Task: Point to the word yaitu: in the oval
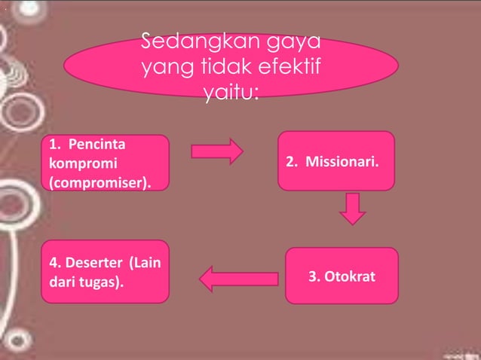click(231, 96)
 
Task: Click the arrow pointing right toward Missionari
click(216, 151)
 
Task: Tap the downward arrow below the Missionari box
click(352, 209)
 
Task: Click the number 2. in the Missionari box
click(291, 163)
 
